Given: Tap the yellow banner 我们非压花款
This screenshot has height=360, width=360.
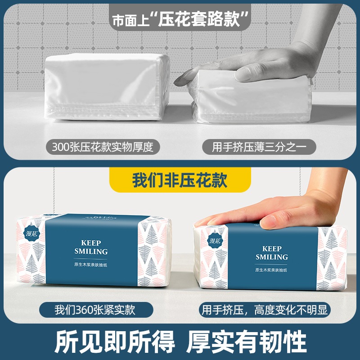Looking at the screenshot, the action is coord(180,180).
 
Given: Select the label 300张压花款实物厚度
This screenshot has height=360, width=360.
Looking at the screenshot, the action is coord(103,147).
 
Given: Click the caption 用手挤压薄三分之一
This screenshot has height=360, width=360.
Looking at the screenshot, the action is coord(259,147).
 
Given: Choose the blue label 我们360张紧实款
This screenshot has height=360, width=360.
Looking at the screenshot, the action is coord(96,310).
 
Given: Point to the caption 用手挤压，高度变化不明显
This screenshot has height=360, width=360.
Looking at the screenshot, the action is coord(265,310).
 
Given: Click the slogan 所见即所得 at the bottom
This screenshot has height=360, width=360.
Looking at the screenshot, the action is coord(114,342).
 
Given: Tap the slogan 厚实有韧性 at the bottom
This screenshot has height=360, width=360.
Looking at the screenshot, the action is coord(246,342).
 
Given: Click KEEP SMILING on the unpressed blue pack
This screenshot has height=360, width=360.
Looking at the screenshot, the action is coord(91,247).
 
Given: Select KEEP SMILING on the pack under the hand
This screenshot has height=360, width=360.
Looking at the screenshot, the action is coord(272,253).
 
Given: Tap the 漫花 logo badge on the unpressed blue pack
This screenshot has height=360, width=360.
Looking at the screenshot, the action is coord(31,234).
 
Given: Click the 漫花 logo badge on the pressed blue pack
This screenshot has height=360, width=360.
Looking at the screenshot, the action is coord(215,240).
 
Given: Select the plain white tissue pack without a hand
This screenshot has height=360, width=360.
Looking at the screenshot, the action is coord(107,86).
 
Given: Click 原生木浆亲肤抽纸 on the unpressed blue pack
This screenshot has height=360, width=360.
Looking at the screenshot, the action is coord(91,265).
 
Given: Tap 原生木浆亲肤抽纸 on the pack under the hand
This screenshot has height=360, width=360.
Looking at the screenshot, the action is coord(271,270).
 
